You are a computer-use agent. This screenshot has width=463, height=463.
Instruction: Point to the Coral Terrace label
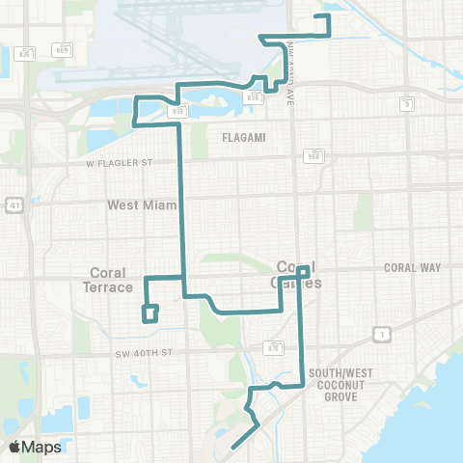(108, 280)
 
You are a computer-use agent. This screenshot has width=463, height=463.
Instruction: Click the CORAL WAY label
(412, 267)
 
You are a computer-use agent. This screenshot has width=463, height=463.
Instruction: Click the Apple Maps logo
(35, 447)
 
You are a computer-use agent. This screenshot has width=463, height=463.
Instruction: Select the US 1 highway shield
(382, 334)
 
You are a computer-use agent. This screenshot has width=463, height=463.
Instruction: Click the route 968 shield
(313, 154)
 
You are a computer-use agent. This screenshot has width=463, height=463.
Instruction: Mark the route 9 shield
(408, 103)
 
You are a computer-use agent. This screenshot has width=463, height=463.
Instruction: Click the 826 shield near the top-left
(26, 54)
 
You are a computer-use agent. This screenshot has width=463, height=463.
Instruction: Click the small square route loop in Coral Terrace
(150, 313)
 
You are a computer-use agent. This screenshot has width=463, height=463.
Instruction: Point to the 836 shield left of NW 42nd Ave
(253, 96)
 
